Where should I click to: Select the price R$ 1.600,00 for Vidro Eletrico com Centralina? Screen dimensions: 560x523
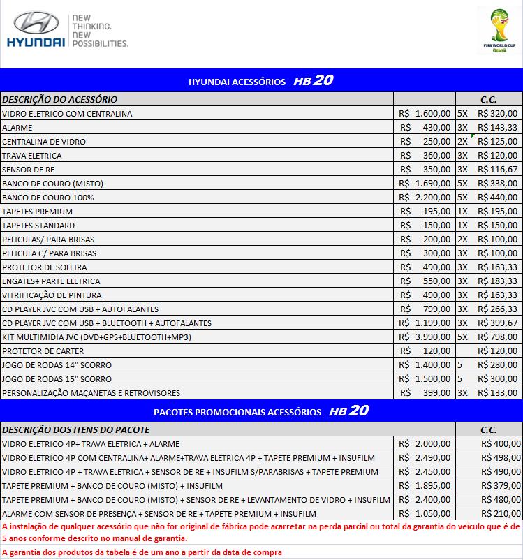tap(425, 113)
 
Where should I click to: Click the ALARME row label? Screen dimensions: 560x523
tap(17, 128)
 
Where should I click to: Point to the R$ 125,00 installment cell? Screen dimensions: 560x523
tap(497, 141)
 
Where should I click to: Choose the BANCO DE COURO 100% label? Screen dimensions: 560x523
tap(48, 198)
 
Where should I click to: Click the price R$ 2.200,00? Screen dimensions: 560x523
tap(425, 198)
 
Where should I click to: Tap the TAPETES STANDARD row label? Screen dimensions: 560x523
tap(38, 226)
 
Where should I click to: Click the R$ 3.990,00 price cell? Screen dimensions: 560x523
tap(425, 337)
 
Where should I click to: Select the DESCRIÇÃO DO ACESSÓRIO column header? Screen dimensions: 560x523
tap(60, 99)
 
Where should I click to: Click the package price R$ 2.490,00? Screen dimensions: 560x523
tap(425, 458)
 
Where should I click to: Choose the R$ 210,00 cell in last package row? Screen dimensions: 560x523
tap(501, 514)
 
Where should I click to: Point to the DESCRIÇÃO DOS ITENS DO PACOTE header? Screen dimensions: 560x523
tap(76, 429)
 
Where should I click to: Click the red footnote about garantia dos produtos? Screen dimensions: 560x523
tap(142, 552)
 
